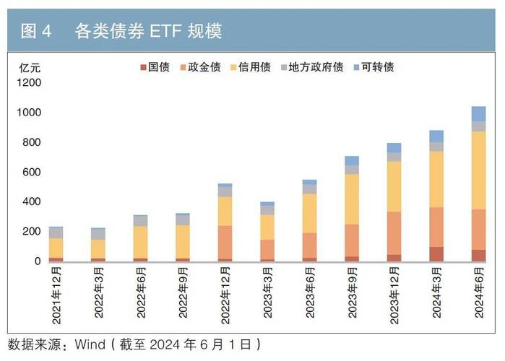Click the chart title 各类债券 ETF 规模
coord(148,30)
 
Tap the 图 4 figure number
coord(36,30)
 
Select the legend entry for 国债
coord(153,67)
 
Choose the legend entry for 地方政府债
coord(310,67)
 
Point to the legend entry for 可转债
coord(374,67)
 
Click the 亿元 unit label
coord(30,68)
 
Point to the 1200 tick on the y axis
coord(30,83)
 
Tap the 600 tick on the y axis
coord(33,172)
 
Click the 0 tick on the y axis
coord(38,261)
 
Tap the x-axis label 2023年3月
coord(267,296)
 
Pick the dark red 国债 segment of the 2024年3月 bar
coord(436,254)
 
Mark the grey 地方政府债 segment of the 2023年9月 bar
coord(352,170)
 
